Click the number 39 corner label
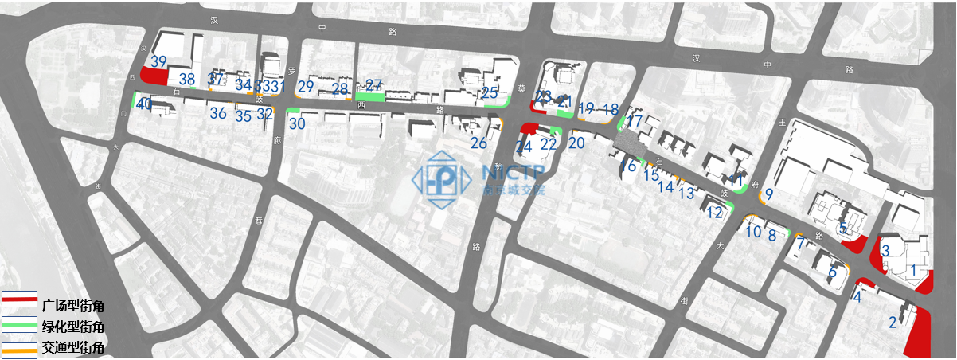click(158, 61)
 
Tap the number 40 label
click(144, 104)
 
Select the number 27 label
click(374, 84)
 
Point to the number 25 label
click(490, 93)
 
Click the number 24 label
click(523, 147)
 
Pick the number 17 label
click(635, 121)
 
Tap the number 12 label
click(715, 213)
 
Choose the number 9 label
click(769, 194)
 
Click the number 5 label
click(843, 229)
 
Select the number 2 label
click(893, 323)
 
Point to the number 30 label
click(297, 124)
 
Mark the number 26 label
click(478, 143)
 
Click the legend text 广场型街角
click(73, 306)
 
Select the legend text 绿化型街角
click(73, 327)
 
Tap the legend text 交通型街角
click(73, 347)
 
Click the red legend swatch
click(18, 299)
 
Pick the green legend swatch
click(18, 325)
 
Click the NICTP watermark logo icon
click(446, 179)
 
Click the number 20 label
click(576, 143)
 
